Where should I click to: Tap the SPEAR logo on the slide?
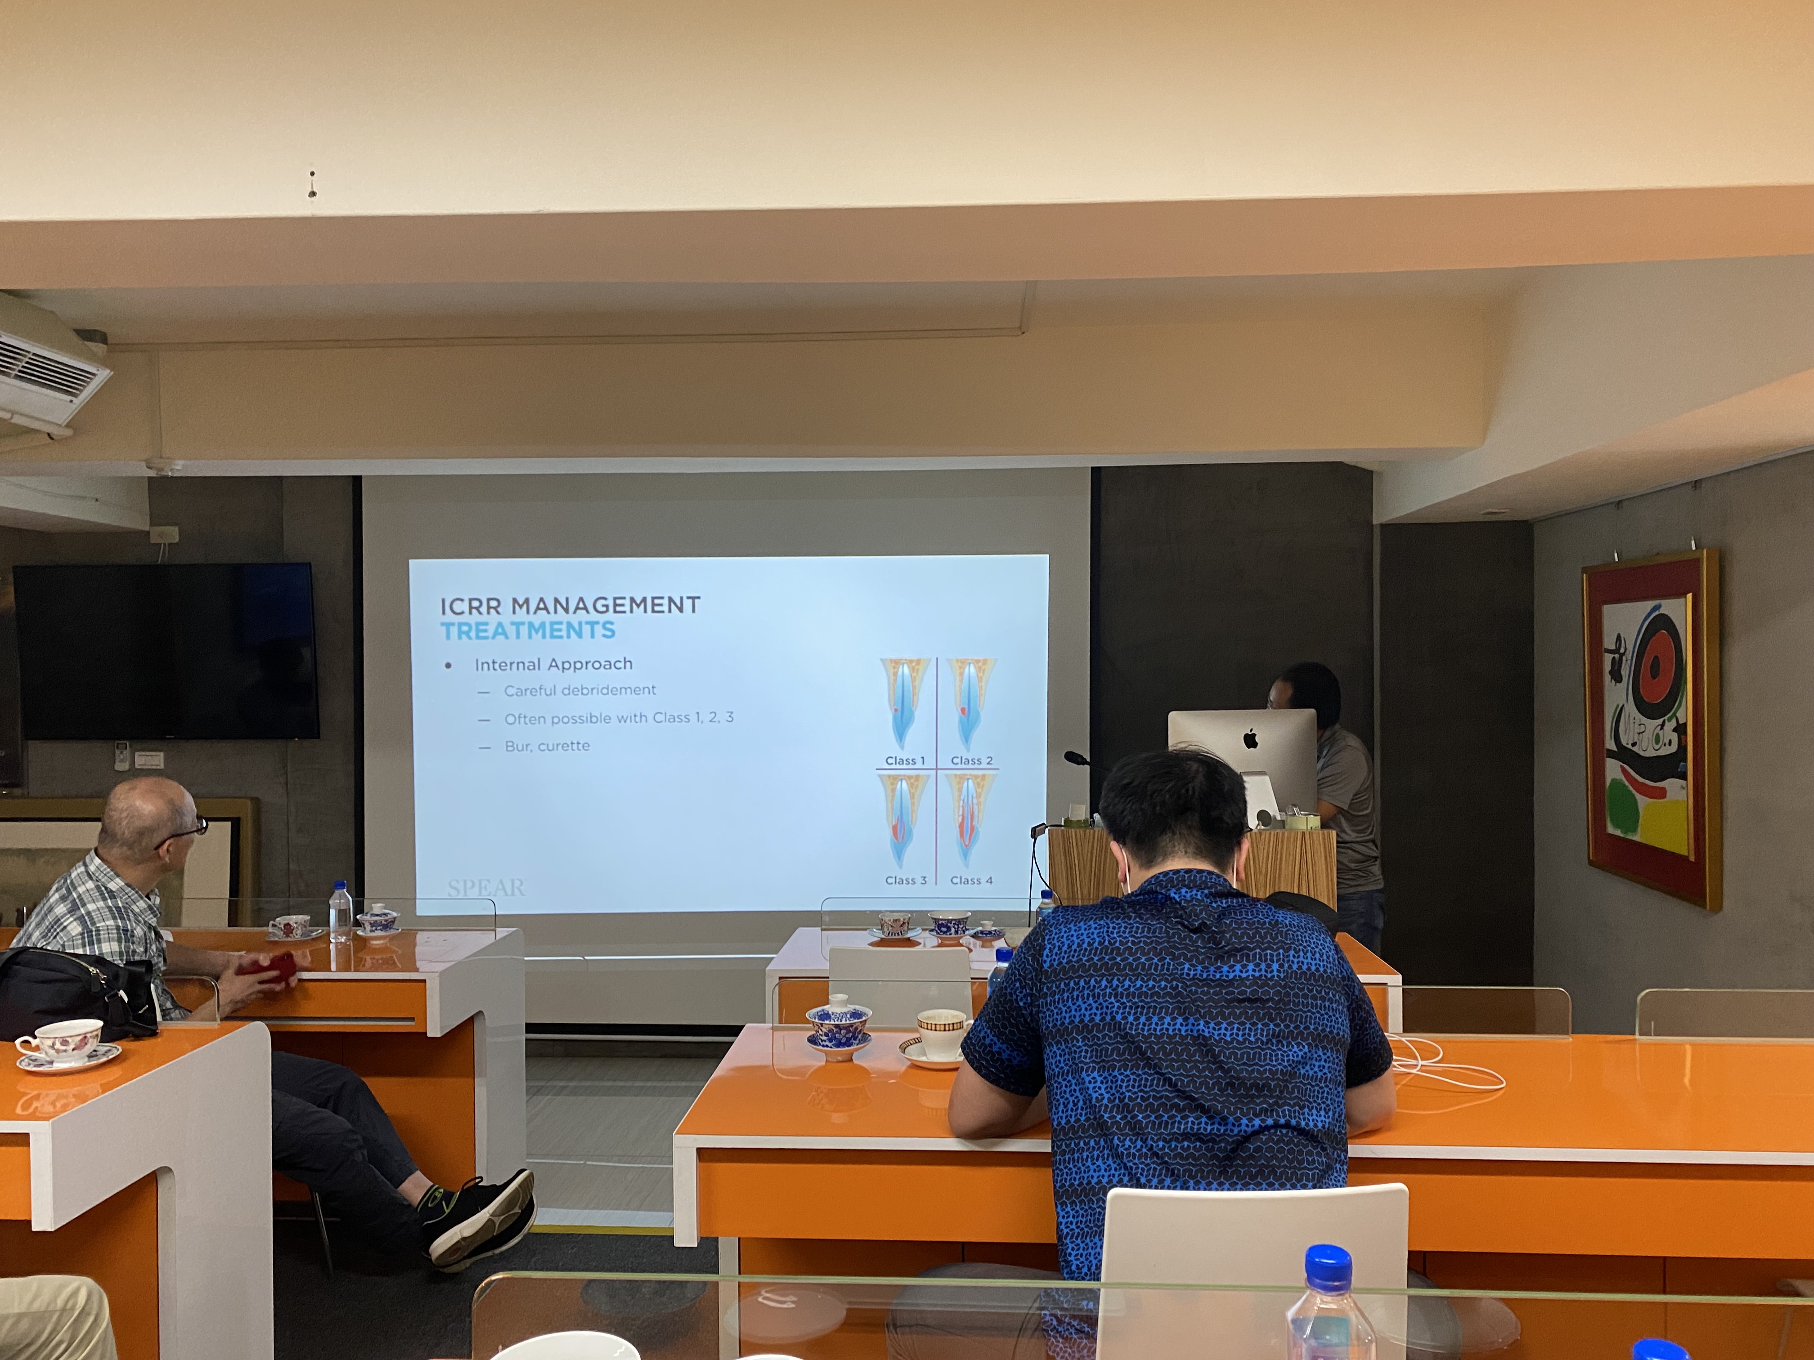coord(486,887)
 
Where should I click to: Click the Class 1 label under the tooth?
coord(905,761)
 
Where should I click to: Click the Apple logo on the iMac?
coord(1251,739)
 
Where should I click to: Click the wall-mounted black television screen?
coord(166,651)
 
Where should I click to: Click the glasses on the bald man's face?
coord(182,834)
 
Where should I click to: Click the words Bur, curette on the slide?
coord(547,746)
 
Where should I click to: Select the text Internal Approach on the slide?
coord(553,664)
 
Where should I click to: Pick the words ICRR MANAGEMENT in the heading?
coord(570,606)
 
